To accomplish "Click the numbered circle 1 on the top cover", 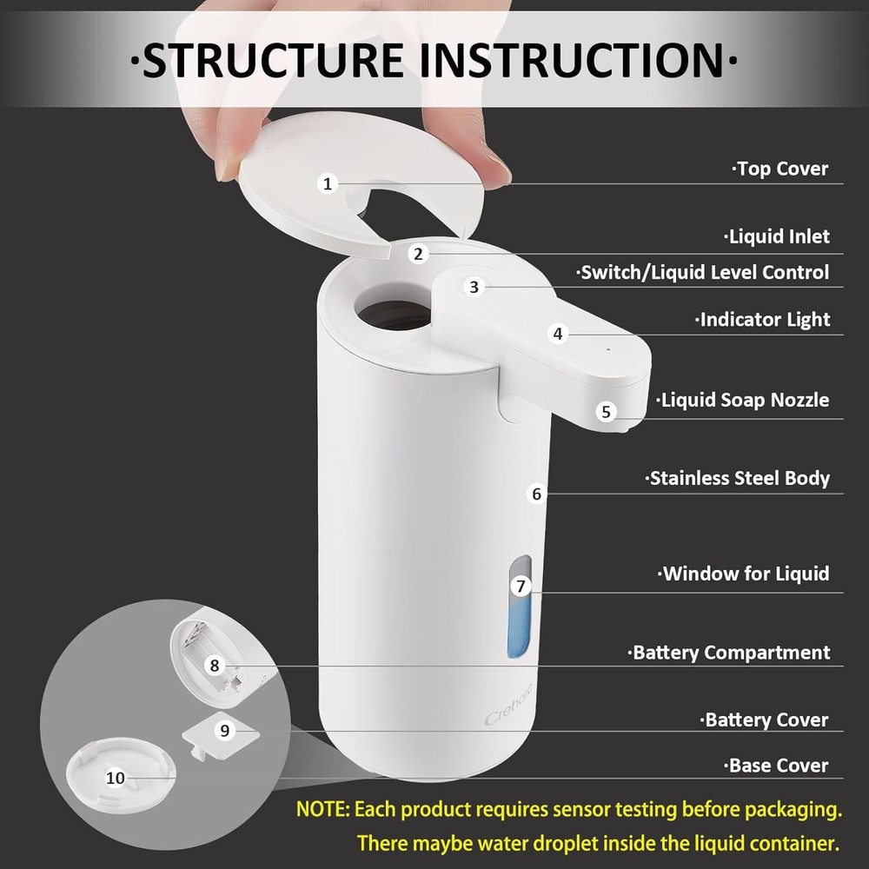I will [328, 183].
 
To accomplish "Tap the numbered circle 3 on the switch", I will [474, 287].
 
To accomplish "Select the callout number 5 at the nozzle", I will [607, 412].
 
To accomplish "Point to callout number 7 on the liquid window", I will [521, 586].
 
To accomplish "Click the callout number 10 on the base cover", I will [116, 778].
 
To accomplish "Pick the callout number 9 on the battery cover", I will [225, 731].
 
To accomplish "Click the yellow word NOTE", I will [322, 810].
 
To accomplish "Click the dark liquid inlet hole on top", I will [393, 314].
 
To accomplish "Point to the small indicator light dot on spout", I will [607, 349].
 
